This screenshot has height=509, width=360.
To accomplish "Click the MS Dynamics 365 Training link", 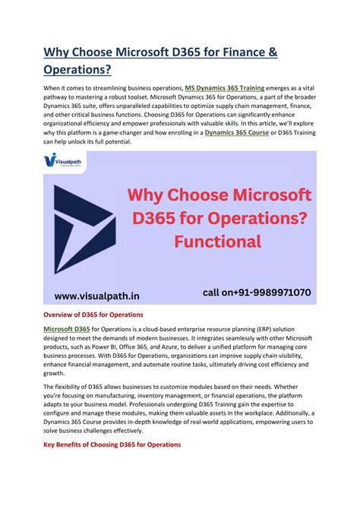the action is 225,87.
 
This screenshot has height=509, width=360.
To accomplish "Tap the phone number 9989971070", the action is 279,292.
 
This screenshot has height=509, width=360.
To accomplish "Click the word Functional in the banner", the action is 217,242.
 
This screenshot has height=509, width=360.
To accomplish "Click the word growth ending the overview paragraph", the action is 55,374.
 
